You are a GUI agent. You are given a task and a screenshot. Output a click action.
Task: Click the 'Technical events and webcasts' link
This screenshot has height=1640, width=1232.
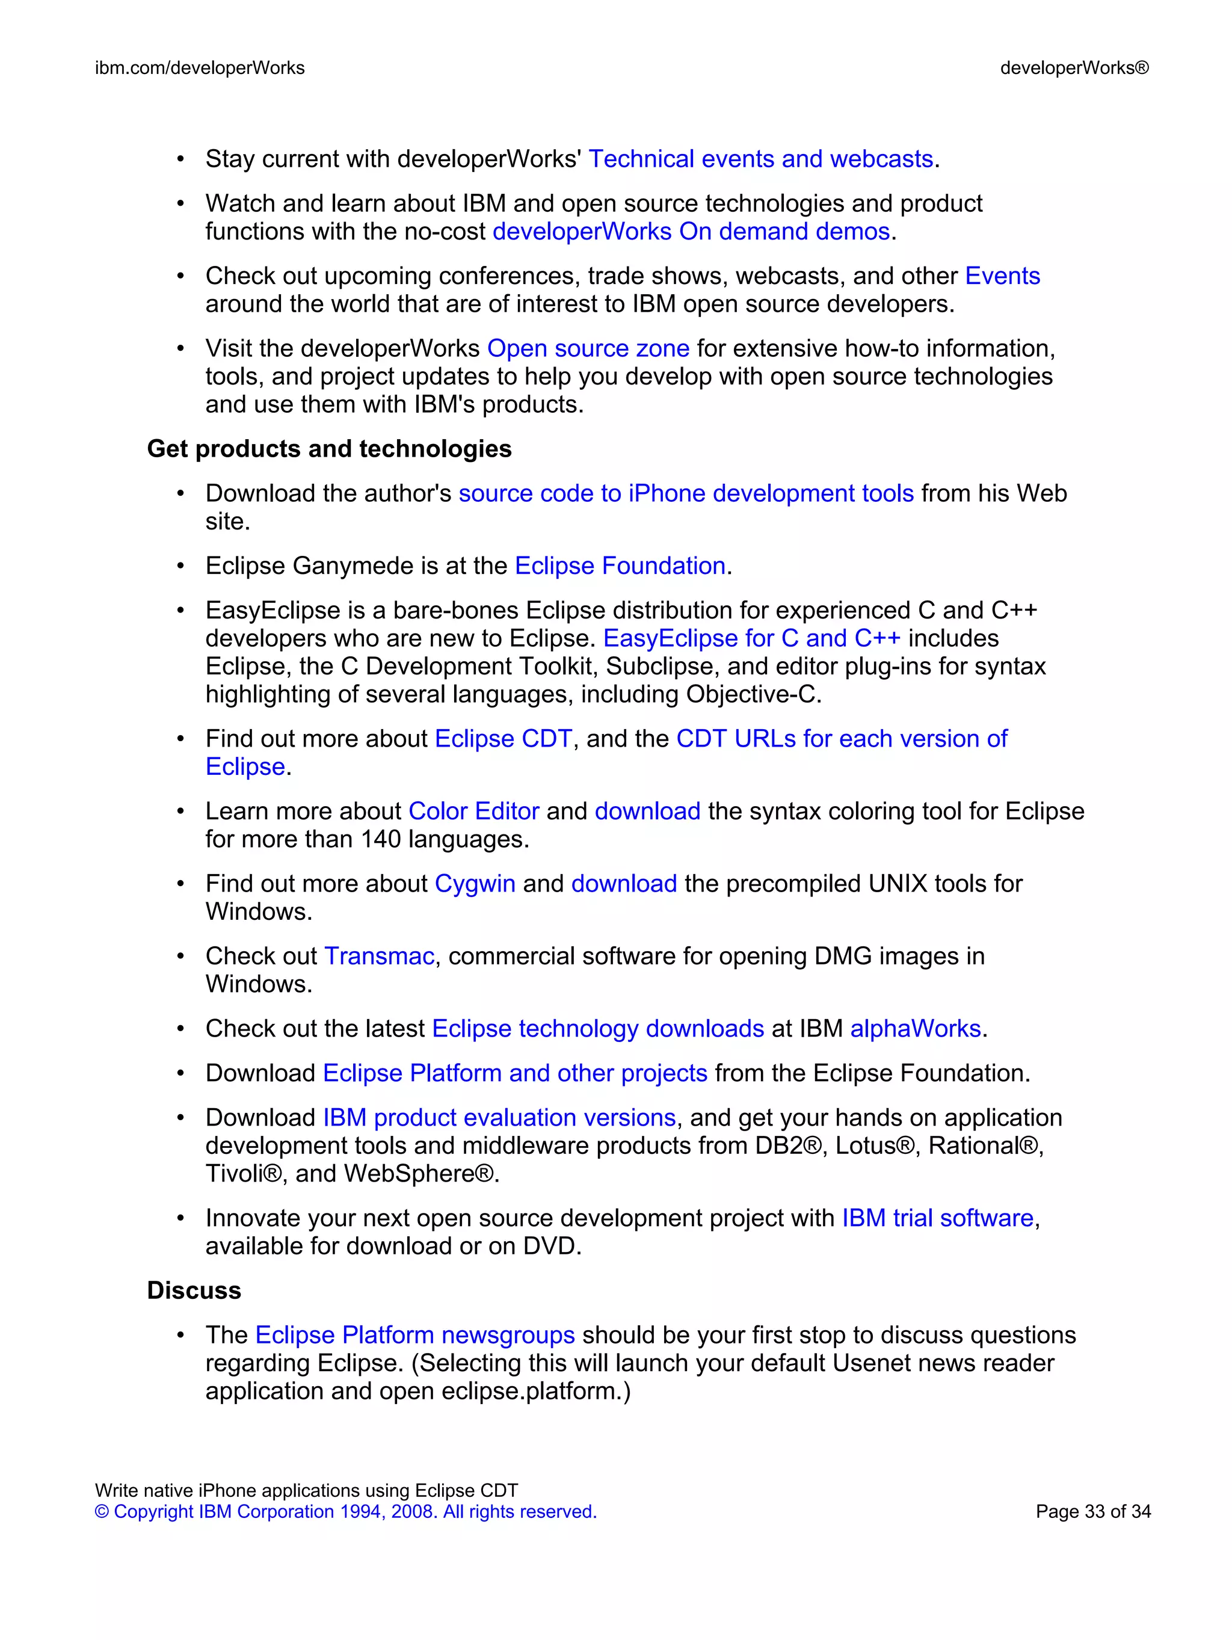tap(760, 159)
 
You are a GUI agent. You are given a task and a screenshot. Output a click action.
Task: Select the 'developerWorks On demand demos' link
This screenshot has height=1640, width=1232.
tap(691, 232)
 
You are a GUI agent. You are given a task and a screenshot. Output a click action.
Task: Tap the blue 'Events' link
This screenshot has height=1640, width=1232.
tap(1002, 277)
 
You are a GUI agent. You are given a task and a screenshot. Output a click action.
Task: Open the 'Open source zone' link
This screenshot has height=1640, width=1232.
tap(588, 348)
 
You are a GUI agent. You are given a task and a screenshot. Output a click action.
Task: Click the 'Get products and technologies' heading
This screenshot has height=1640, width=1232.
tap(329, 449)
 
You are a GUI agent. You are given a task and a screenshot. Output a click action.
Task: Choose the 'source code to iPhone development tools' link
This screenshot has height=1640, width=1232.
tap(686, 494)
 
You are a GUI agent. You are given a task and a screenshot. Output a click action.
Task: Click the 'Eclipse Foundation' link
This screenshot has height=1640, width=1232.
tap(620, 567)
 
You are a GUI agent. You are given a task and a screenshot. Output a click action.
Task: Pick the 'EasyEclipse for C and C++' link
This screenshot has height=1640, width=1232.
tap(752, 639)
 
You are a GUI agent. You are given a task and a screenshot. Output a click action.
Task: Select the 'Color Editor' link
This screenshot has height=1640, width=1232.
tap(473, 812)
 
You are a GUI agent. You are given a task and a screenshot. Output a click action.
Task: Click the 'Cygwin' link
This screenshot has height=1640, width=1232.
tap(475, 884)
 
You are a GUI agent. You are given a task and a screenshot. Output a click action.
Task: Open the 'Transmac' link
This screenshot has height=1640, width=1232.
tap(379, 957)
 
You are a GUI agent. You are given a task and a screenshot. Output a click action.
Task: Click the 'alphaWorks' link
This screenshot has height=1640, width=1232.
tap(915, 1029)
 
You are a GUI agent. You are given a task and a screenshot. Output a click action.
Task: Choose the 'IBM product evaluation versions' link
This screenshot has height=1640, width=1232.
tap(499, 1118)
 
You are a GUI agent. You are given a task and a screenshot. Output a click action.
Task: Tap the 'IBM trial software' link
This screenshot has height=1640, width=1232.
tap(937, 1219)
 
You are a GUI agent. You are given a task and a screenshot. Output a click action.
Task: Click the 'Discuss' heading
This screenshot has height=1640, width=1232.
tap(194, 1291)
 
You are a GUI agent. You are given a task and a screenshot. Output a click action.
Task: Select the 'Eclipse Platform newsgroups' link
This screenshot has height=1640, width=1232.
tap(414, 1335)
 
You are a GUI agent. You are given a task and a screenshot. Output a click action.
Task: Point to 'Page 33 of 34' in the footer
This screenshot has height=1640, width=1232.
tap(1092, 1512)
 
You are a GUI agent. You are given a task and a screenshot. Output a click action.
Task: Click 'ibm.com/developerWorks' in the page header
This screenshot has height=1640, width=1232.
tap(200, 68)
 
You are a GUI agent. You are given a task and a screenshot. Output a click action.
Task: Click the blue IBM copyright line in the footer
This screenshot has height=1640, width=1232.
tap(345, 1512)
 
